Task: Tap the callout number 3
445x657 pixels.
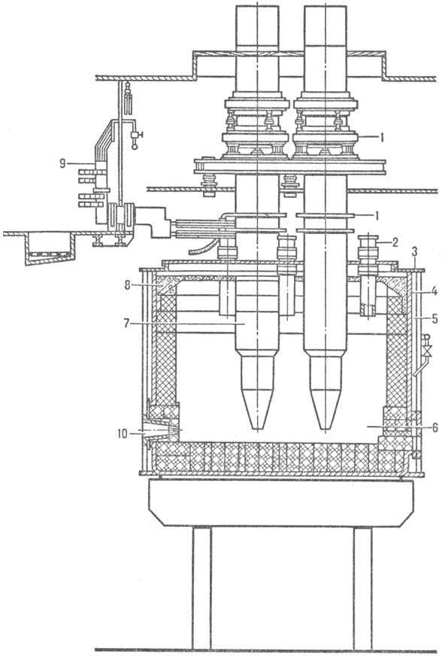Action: (414, 252)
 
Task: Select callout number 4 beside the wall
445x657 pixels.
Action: (434, 290)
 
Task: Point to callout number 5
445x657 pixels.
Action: (434, 319)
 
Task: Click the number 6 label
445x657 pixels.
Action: (434, 427)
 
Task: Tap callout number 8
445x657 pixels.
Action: (126, 285)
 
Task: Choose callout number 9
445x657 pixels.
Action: (62, 163)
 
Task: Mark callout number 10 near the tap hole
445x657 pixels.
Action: (122, 433)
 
